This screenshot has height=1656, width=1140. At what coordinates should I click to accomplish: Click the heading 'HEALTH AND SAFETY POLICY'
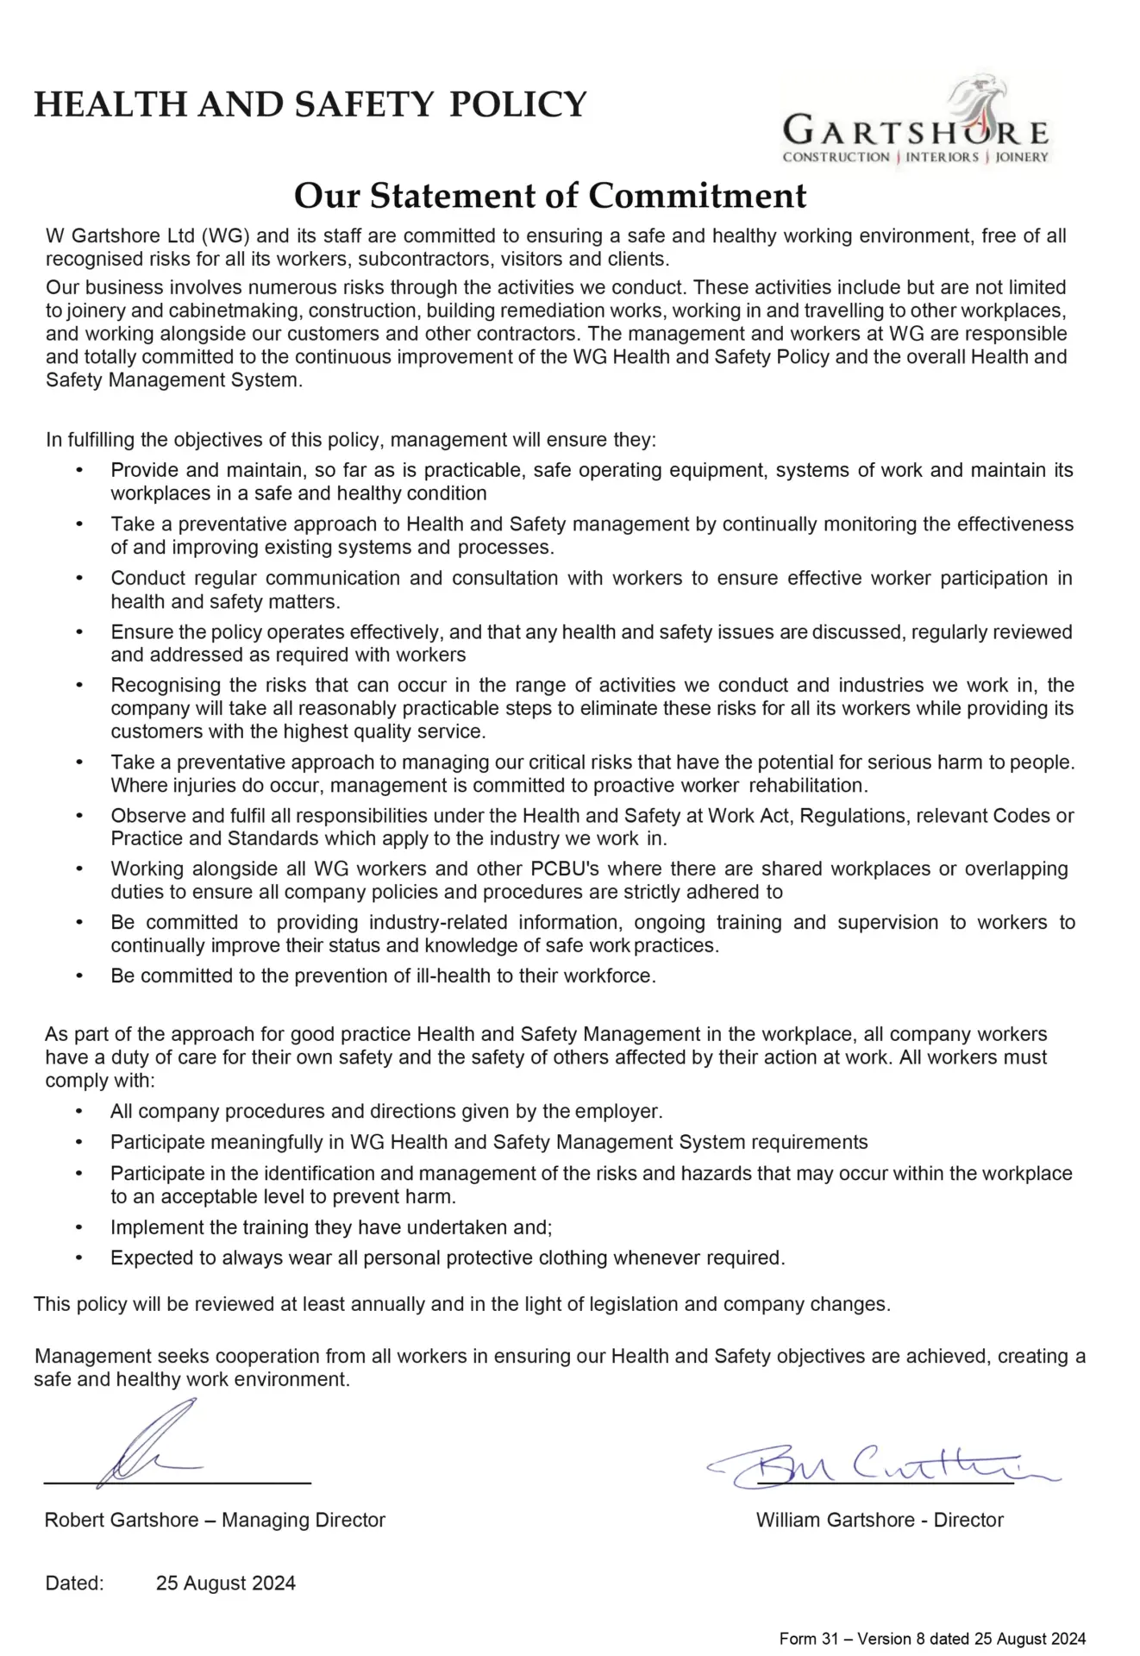pyautogui.click(x=310, y=104)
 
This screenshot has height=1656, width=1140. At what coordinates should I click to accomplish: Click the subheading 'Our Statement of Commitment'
pyautogui.click(x=550, y=196)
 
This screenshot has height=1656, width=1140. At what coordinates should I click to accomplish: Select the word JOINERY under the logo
pyautogui.click(x=1022, y=157)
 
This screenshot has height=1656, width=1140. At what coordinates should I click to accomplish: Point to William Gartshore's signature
pyautogui.click(x=880, y=1464)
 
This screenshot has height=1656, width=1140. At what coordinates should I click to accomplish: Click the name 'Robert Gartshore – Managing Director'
pyautogui.click(x=215, y=1520)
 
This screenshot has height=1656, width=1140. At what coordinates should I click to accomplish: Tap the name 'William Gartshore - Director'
pyautogui.click(x=880, y=1520)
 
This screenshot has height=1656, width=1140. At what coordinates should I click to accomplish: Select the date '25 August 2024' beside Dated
pyautogui.click(x=226, y=1583)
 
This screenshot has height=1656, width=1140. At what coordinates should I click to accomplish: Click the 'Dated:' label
pyautogui.click(x=74, y=1583)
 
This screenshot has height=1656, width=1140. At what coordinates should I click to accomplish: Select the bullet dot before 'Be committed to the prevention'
pyautogui.click(x=79, y=976)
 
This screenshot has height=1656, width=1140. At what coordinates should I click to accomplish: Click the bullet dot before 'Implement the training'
pyautogui.click(x=79, y=1227)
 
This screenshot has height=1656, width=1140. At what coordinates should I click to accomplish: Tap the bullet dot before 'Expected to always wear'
pyautogui.click(x=79, y=1258)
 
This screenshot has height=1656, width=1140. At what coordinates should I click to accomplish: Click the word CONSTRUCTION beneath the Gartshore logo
pyautogui.click(x=836, y=157)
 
